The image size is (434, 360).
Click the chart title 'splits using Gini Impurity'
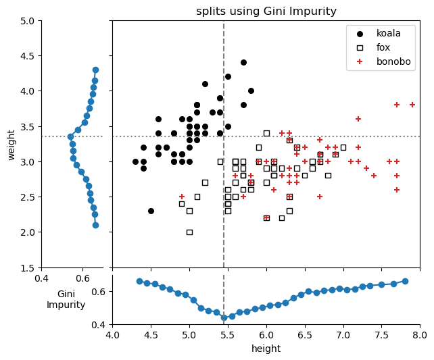[266, 11]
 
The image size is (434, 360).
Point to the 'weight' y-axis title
[11, 145]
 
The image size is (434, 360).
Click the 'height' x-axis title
[266, 349]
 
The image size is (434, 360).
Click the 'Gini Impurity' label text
[66, 299]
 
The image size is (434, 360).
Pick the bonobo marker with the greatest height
[412, 105]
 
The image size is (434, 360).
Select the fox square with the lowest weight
[189, 232]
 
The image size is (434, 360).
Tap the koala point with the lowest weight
[151, 211]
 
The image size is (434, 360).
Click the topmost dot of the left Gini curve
[95, 70]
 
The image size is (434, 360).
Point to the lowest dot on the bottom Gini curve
[224, 317]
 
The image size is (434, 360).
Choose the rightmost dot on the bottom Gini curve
[405, 281]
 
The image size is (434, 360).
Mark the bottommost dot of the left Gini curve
[95, 225]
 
